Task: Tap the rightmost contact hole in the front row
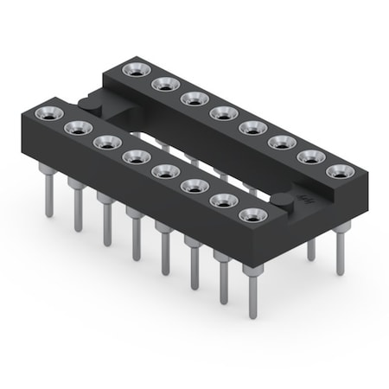coord(251,214)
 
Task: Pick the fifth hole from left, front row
coord(163,170)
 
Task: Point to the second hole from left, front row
coord(74,126)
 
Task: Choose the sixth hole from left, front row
coord(192,185)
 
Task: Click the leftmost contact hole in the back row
coord(133,69)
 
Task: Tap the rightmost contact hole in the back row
coord(338,172)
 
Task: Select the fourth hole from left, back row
coord(221,113)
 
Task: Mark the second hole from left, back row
coord(163,84)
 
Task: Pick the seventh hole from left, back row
coord(309,157)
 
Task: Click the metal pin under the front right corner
coord(252,294)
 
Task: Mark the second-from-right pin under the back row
coord(311,246)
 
